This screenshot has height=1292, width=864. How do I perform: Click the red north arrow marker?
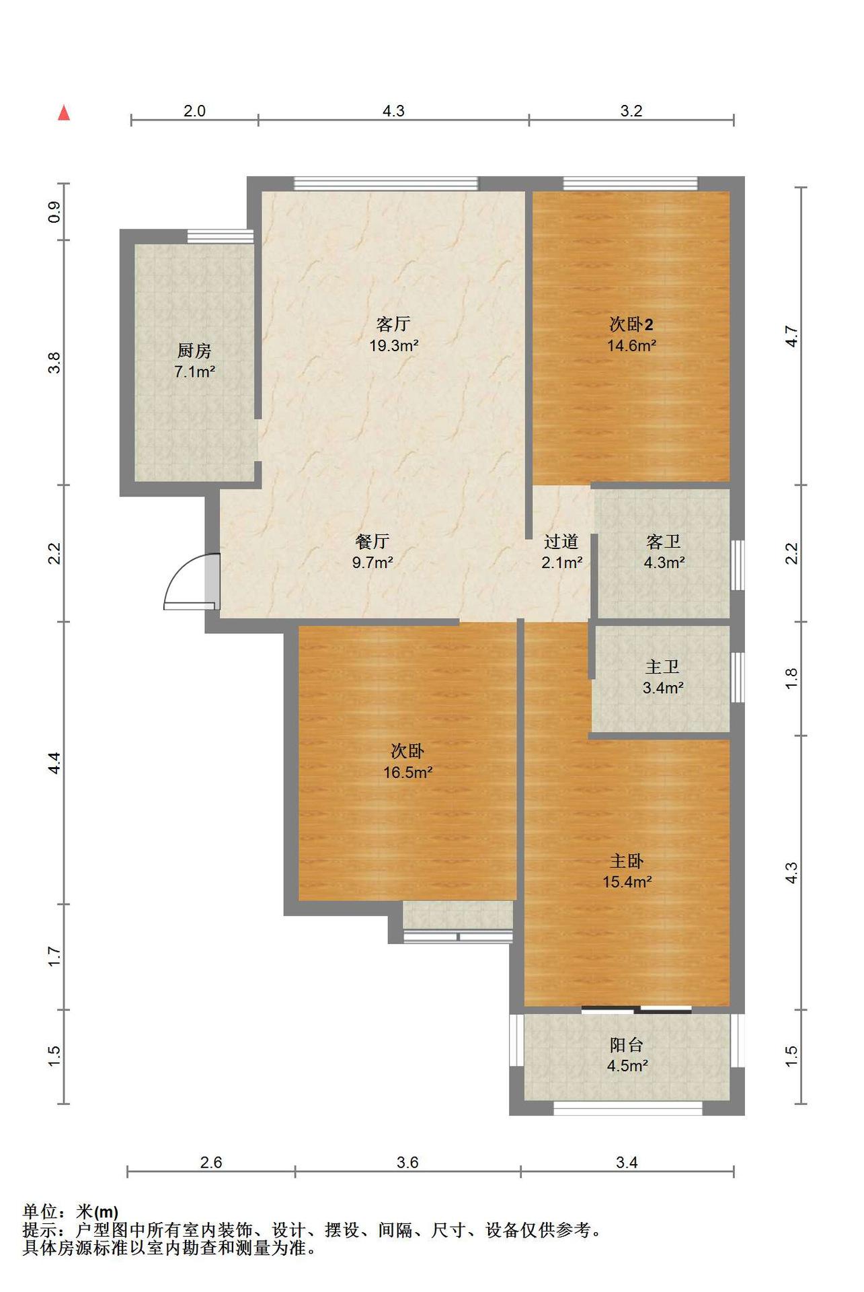point(64,113)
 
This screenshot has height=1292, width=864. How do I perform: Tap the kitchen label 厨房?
point(194,351)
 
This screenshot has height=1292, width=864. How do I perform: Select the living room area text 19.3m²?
point(393,346)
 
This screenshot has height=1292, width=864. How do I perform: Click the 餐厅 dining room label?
point(372,541)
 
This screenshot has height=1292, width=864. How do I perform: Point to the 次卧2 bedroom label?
point(631,324)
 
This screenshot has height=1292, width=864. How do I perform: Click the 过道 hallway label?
point(561,541)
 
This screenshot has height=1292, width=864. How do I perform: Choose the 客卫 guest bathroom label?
point(664,541)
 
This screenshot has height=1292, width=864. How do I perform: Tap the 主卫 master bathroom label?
point(662,667)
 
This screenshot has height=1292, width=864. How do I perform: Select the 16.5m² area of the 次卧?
point(407,773)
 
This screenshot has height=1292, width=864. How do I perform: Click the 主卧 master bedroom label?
point(627,861)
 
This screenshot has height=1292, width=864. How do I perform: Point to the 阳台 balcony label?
point(627,1044)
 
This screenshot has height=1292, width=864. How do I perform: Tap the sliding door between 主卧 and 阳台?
point(637,1009)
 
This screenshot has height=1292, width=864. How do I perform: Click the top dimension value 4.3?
point(393,111)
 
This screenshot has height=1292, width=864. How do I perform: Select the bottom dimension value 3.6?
point(407,1162)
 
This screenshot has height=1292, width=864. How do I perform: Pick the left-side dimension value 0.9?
point(54,212)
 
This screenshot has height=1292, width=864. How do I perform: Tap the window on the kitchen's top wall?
point(220,236)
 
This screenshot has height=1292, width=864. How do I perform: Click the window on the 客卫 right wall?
point(738,565)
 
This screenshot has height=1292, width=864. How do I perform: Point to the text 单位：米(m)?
point(71,1211)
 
